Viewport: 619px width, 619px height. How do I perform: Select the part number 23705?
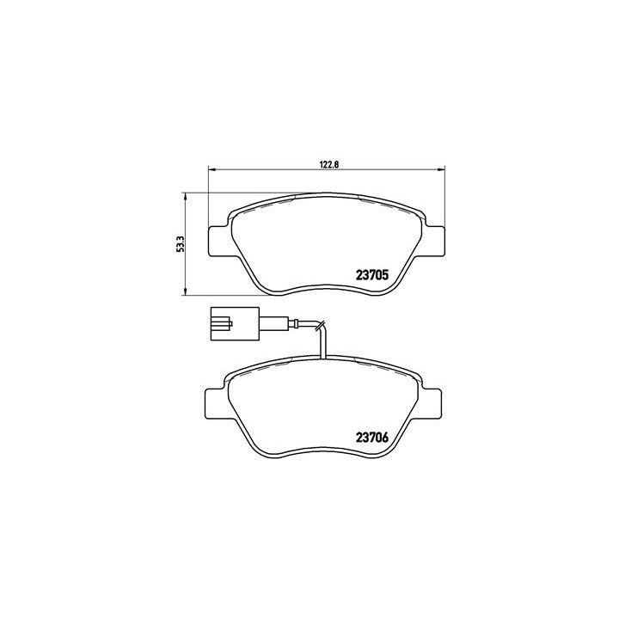tap(374, 276)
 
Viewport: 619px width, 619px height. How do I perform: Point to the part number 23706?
tap(374, 436)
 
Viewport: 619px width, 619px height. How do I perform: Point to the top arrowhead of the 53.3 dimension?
tap(187, 195)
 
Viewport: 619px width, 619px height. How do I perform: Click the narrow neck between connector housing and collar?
tap(264, 324)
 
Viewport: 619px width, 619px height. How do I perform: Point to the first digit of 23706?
tap(359, 436)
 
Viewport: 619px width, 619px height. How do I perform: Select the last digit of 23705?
tap(389, 276)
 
